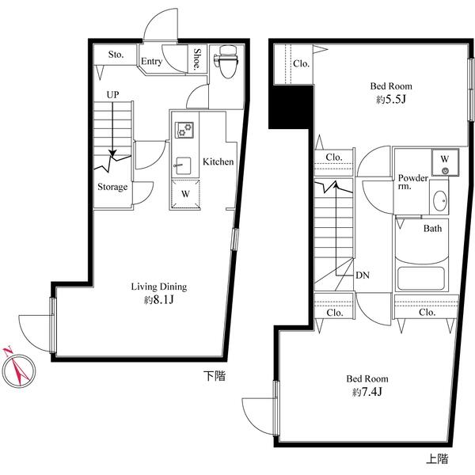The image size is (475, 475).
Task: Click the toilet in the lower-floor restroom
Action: tap(227, 61)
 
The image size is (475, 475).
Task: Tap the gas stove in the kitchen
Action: tap(184, 130)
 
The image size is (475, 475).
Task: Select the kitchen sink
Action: tap(184, 165)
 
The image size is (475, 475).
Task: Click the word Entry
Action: tap(152, 62)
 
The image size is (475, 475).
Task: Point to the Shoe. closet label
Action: tap(197, 59)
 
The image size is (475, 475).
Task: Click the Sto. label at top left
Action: tap(116, 55)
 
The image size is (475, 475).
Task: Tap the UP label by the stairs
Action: tap(112, 95)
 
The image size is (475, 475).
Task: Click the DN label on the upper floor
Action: tap(363, 275)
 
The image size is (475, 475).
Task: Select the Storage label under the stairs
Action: tap(112, 187)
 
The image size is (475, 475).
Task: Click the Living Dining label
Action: tap(159, 287)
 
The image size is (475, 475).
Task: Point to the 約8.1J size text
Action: tap(159, 300)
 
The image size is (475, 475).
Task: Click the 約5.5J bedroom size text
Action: tap(391, 100)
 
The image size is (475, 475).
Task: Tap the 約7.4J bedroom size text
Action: tap(367, 393)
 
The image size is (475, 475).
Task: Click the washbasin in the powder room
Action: tap(440, 200)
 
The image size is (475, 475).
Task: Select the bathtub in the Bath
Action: tap(421, 279)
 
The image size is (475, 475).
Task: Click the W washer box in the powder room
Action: tap(445, 162)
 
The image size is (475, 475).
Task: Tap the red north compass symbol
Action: tap(18, 368)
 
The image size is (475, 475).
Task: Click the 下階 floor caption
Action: tap(215, 376)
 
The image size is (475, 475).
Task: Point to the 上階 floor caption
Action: tap(437, 459)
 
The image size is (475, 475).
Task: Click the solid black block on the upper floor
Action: tap(291, 107)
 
